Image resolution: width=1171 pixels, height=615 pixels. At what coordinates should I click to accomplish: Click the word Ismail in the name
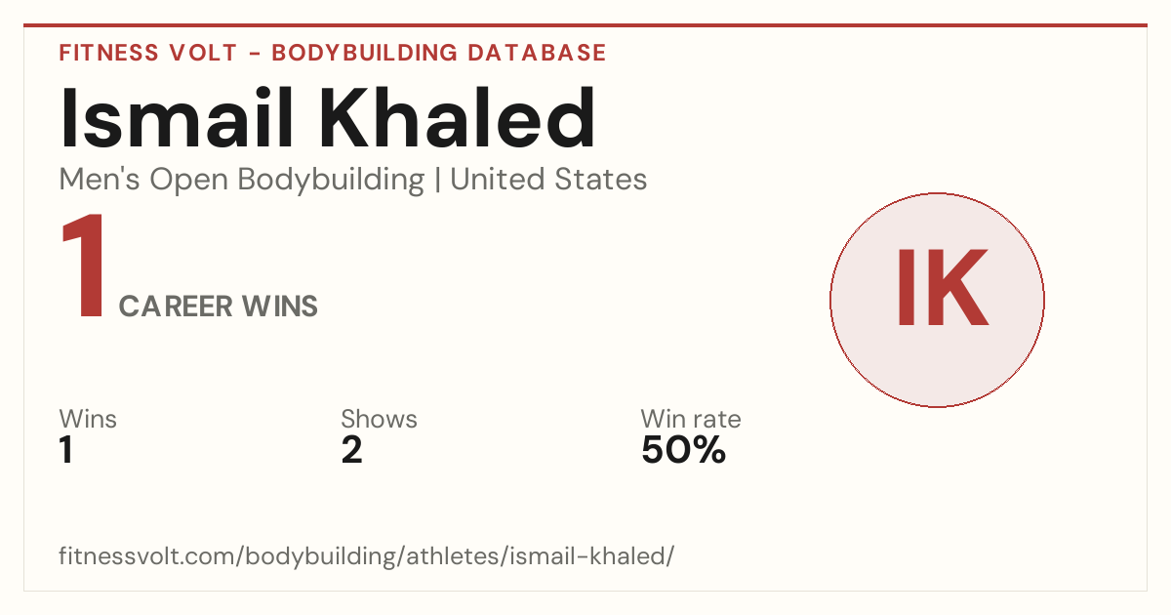point(176,118)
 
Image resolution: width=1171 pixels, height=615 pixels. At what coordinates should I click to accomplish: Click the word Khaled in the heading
point(458,118)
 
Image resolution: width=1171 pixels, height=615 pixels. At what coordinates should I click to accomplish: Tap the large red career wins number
point(84,266)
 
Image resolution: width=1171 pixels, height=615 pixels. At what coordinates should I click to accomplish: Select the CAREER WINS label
point(218,306)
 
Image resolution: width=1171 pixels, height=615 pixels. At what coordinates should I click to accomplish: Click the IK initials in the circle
point(942,287)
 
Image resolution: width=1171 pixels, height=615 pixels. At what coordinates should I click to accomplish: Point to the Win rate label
point(691,419)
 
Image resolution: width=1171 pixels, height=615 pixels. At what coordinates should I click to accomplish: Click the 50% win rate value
point(683,450)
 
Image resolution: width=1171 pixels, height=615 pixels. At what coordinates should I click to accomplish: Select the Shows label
point(379,419)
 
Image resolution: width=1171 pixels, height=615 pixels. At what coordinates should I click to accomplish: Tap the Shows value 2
point(352,450)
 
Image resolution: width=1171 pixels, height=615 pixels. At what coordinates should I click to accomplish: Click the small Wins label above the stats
point(88,419)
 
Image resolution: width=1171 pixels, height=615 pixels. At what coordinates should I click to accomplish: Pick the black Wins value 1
point(66,450)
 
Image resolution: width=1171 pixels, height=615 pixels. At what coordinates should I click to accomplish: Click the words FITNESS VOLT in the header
point(148,53)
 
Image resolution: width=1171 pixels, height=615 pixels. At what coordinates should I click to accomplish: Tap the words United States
point(548,179)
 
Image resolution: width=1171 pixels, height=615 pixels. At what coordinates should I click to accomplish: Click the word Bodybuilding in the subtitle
point(331,181)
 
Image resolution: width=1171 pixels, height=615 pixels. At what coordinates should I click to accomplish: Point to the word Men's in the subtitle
point(100,179)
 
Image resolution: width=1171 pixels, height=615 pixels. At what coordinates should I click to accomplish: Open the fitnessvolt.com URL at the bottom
point(367,555)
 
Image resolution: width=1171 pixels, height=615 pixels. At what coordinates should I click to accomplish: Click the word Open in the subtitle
point(188,181)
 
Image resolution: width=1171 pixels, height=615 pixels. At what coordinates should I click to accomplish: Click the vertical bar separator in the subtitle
point(437,180)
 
